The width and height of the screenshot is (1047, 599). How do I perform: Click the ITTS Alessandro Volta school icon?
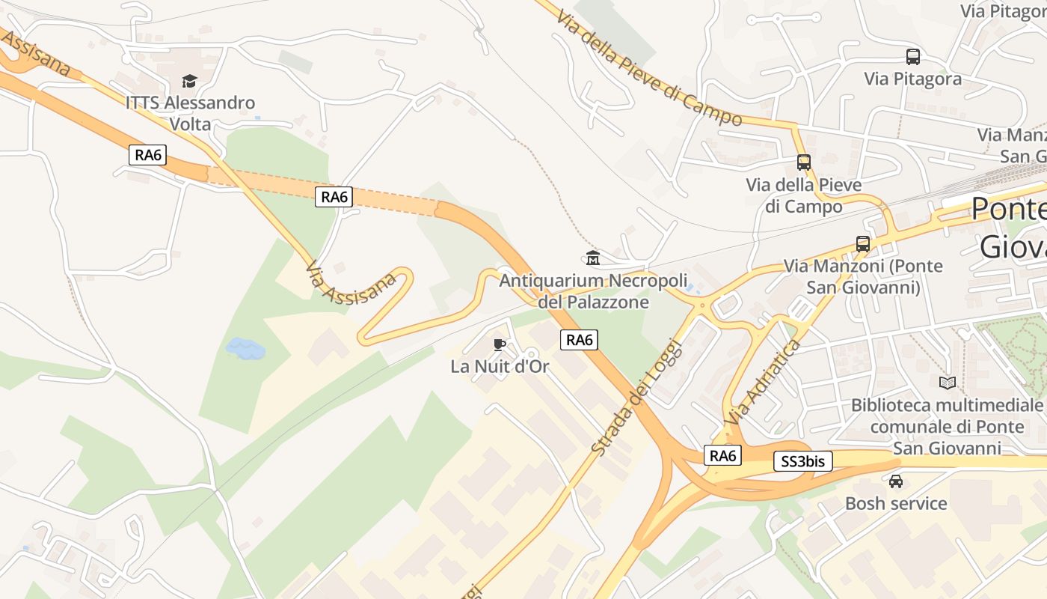(x=190, y=81)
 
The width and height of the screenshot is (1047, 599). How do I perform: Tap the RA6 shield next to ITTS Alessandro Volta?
(x=147, y=156)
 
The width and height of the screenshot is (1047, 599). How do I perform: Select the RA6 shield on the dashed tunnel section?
(x=334, y=197)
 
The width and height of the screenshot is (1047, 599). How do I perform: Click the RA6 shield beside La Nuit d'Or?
(x=579, y=340)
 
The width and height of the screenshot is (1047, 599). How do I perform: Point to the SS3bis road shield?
(x=802, y=461)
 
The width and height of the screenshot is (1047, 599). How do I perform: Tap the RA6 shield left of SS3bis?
(x=722, y=455)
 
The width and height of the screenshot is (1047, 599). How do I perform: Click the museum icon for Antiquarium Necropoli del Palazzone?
(x=593, y=258)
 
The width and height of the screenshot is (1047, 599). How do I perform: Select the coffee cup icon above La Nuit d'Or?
(x=500, y=344)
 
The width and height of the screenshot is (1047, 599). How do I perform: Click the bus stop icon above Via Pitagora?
(x=912, y=56)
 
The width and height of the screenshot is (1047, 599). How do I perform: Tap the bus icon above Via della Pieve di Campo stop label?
(x=803, y=162)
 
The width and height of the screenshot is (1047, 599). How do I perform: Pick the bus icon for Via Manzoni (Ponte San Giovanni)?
(x=862, y=243)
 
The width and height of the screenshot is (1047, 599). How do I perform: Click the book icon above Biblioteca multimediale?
(x=947, y=383)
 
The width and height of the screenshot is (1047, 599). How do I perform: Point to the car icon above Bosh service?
(x=895, y=481)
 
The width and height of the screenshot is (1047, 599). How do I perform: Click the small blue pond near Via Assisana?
(x=245, y=348)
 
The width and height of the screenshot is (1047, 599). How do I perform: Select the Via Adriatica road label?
(x=763, y=383)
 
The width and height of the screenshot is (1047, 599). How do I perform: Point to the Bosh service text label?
(x=896, y=503)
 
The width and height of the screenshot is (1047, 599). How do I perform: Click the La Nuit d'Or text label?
(x=500, y=367)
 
